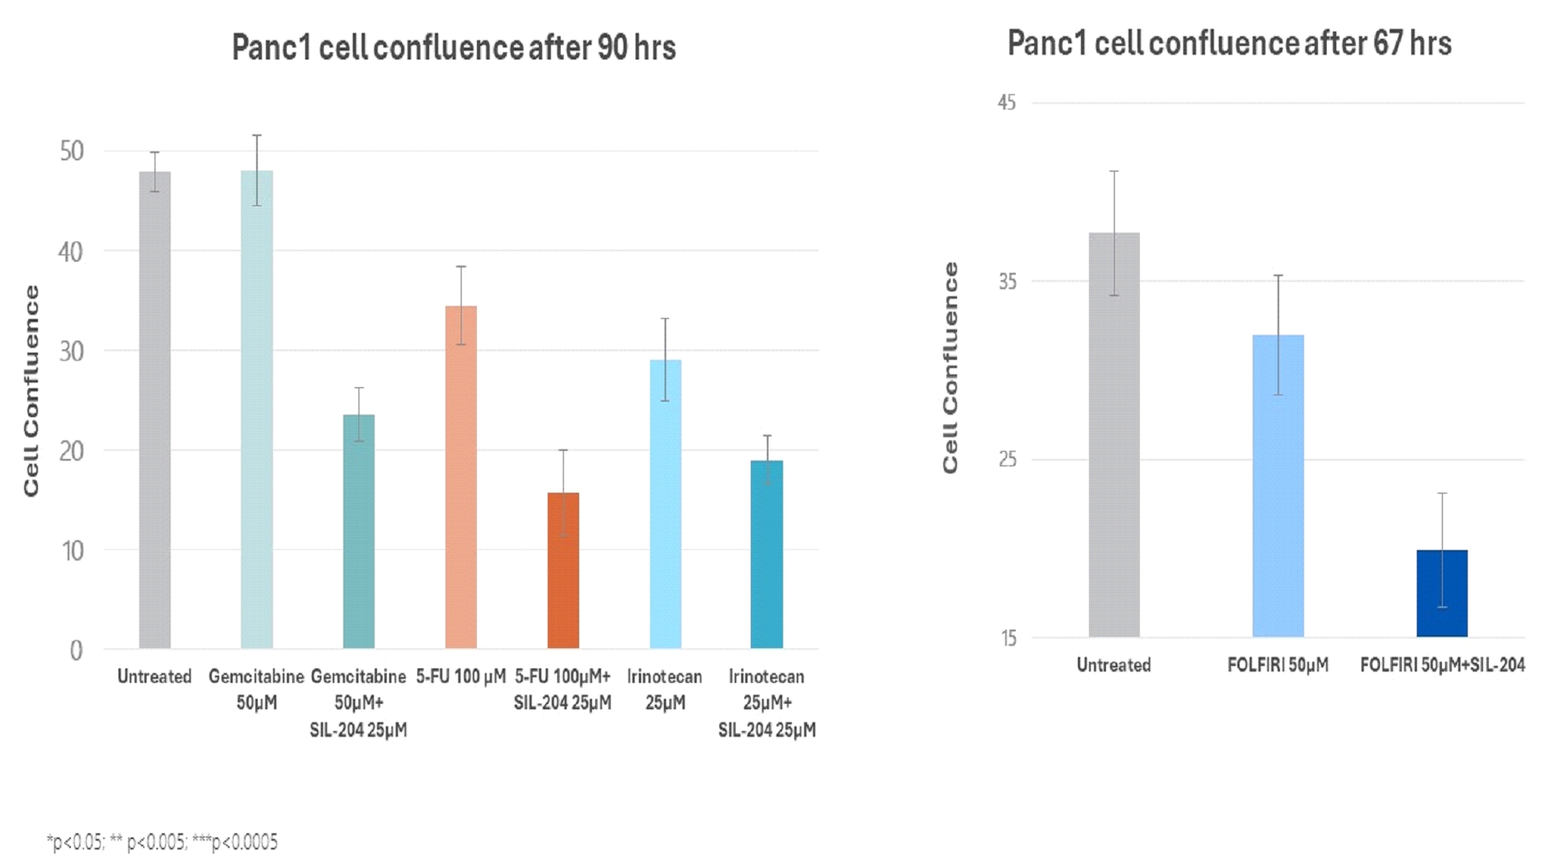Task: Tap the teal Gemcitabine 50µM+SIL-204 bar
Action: coord(358,531)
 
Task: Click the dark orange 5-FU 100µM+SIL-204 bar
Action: coord(563,571)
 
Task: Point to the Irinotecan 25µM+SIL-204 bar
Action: coord(767,555)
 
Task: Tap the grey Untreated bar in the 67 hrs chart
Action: coord(1114,435)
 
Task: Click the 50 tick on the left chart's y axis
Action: coord(72,151)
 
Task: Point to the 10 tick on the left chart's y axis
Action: coord(72,551)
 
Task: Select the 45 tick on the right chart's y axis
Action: coord(1007,103)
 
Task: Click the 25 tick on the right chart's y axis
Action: coord(1008,460)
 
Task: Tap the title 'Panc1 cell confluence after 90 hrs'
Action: coord(454,48)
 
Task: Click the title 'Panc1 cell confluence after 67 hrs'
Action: coord(1229,43)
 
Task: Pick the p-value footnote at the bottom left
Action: coord(162,842)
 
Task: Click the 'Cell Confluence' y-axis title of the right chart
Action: coord(951,367)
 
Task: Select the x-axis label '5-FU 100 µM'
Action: coord(461,676)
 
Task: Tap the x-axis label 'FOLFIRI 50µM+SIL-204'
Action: coord(1442,665)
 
